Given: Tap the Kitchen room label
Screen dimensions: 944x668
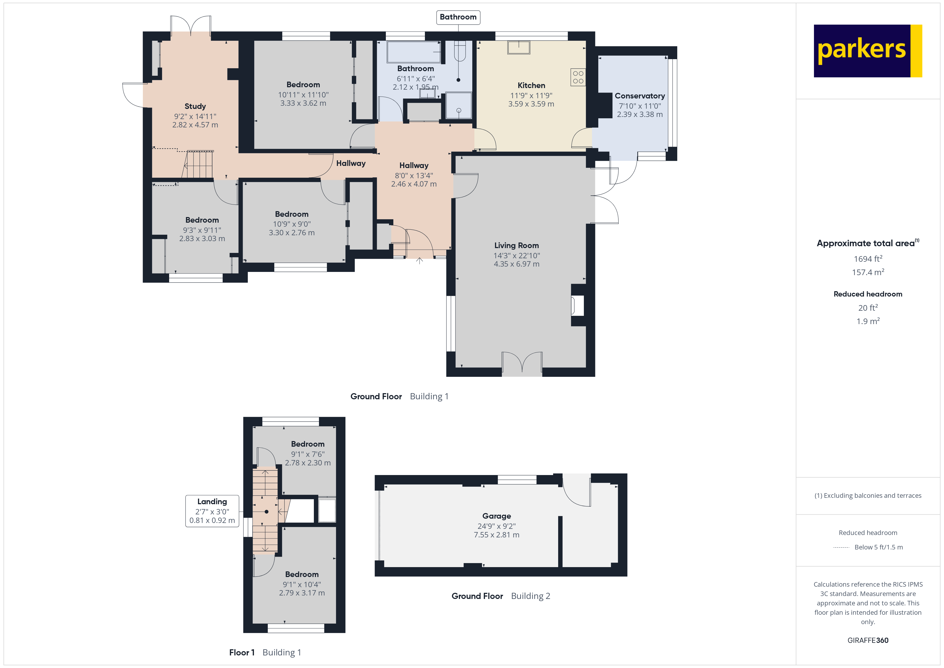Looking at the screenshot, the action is (531, 86).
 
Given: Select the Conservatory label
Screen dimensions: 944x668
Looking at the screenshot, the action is (640, 96).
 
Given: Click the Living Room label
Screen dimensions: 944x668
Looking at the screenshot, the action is (516, 246).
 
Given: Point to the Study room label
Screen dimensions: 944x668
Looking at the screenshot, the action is (195, 107).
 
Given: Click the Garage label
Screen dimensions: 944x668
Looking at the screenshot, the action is (497, 516).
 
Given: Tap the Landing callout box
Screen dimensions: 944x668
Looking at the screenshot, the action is (212, 511).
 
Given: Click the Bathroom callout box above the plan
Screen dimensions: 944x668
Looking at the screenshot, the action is (458, 17).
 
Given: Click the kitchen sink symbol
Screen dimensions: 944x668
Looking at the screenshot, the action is (519, 47).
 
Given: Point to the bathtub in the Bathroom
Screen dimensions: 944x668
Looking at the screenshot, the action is (414, 52).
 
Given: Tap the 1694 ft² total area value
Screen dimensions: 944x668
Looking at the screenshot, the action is (868, 259).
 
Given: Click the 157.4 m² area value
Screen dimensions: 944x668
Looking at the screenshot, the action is (868, 272).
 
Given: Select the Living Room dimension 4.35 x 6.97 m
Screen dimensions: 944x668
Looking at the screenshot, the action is (516, 264).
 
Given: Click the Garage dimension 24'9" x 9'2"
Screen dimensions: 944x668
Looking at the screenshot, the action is (497, 526).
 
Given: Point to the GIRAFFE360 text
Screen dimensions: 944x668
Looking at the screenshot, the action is (868, 640).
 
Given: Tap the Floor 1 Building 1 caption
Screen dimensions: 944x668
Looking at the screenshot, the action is (265, 652).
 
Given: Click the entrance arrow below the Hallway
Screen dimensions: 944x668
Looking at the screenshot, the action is (419, 261).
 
